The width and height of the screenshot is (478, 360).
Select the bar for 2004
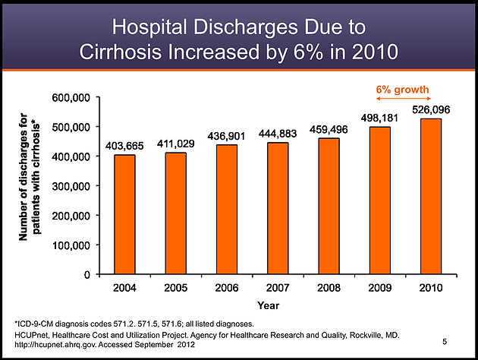click(x=124, y=214)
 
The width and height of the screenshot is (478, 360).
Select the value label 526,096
click(x=430, y=110)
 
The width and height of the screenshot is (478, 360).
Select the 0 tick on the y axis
click(x=87, y=275)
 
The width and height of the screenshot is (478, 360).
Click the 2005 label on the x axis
click(x=175, y=289)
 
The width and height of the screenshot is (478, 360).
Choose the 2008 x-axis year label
click(x=329, y=289)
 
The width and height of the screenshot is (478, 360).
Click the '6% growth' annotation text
click(x=403, y=90)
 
